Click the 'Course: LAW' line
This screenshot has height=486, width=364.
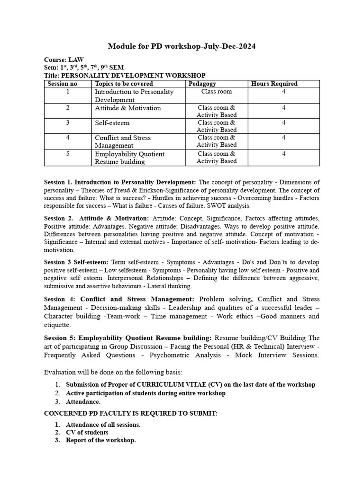pyautogui.click(x=64, y=60)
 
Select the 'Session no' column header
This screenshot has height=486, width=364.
pyautogui.click(x=62, y=84)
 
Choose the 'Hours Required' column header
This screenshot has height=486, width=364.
pyautogui.click(x=274, y=84)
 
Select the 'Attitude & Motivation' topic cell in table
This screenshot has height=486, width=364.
pyautogui.click(x=128, y=108)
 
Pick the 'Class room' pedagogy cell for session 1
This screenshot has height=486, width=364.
pyautogui.click(x=217, y=92)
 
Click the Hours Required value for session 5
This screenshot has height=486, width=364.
pyautogui.click(x=283, y=154)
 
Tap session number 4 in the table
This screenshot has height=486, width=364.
pyautogui.click(x=68, y=138)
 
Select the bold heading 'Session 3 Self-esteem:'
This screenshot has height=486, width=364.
pyautogui.click(x=76, y=262)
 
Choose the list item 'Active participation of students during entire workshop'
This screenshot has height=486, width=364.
pyautogui.click(x=146, y=393)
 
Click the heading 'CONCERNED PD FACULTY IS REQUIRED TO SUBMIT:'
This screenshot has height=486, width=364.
pyautogui.click(x=131, y=413)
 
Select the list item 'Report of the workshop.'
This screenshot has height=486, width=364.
pyautogui.click(x=100, y=440)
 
